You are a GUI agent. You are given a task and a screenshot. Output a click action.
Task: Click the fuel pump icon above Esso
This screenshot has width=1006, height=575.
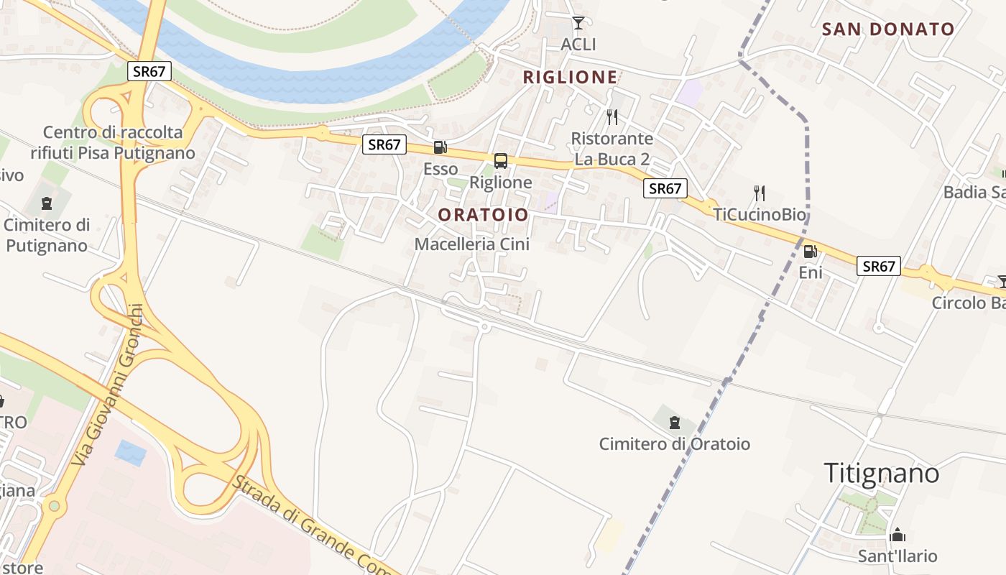click(x=440, y=148)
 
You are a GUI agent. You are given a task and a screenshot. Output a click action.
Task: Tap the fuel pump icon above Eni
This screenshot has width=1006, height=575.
click(x=810, y=252)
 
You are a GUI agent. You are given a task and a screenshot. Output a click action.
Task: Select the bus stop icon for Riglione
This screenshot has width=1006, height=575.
click(x=501, y=161)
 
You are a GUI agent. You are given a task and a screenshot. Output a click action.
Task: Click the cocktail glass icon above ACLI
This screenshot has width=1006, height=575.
click(x=578, y=23)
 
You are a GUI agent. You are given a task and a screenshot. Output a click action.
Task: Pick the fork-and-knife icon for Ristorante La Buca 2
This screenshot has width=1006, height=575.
click(x=612, y=116)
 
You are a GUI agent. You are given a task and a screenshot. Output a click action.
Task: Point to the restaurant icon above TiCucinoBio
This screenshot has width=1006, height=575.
click(x=760, y=193)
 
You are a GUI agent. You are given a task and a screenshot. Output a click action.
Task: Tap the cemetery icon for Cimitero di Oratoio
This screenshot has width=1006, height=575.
click(x=674, y=422)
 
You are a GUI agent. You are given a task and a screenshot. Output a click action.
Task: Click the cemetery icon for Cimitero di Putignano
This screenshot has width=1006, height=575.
click(x=47, y=203)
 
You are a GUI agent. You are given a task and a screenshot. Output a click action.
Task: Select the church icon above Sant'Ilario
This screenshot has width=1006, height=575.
click(x=897, y=535)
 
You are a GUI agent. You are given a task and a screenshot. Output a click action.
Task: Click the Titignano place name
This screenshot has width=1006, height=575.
click(x=881, y=473)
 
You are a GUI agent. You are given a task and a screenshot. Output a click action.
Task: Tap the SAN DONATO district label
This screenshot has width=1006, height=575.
click(x=888, y=29)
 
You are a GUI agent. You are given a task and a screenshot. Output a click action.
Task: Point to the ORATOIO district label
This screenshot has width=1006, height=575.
click(x=483, y=214)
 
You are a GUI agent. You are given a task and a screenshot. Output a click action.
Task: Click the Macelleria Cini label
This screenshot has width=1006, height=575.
click(x=471, y=244)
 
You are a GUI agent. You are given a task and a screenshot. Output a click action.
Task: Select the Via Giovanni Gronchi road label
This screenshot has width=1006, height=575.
click(x=109, y=385)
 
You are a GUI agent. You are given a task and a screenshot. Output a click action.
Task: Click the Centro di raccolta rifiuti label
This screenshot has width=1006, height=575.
click(x=113, y=142)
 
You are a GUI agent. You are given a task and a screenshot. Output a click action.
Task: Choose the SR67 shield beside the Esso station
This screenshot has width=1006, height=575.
click(x=384, y=144)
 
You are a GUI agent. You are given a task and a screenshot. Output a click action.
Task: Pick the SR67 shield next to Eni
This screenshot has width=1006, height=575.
click(x=878, y=267)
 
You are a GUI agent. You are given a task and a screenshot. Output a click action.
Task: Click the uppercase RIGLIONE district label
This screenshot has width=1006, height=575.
click(x=570, y=78)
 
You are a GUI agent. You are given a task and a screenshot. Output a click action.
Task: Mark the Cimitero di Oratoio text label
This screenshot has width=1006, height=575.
click(x=674, y=444)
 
